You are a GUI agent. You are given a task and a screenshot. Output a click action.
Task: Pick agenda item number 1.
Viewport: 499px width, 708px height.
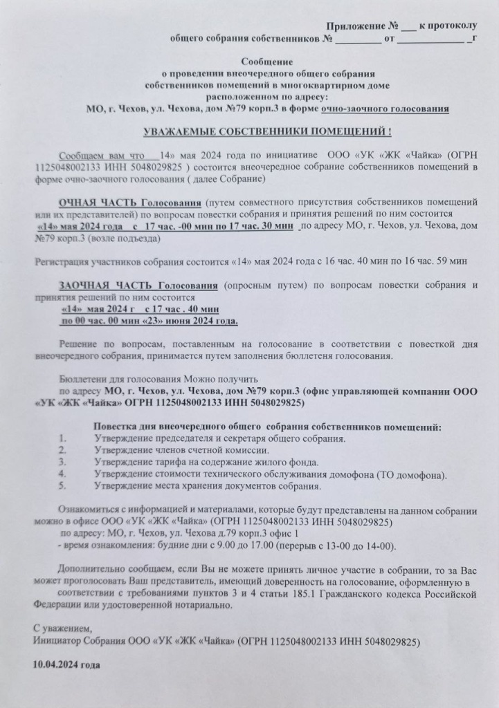(64, 438)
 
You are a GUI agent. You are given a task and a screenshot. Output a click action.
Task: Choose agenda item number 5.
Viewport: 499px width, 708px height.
(63, 485)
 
